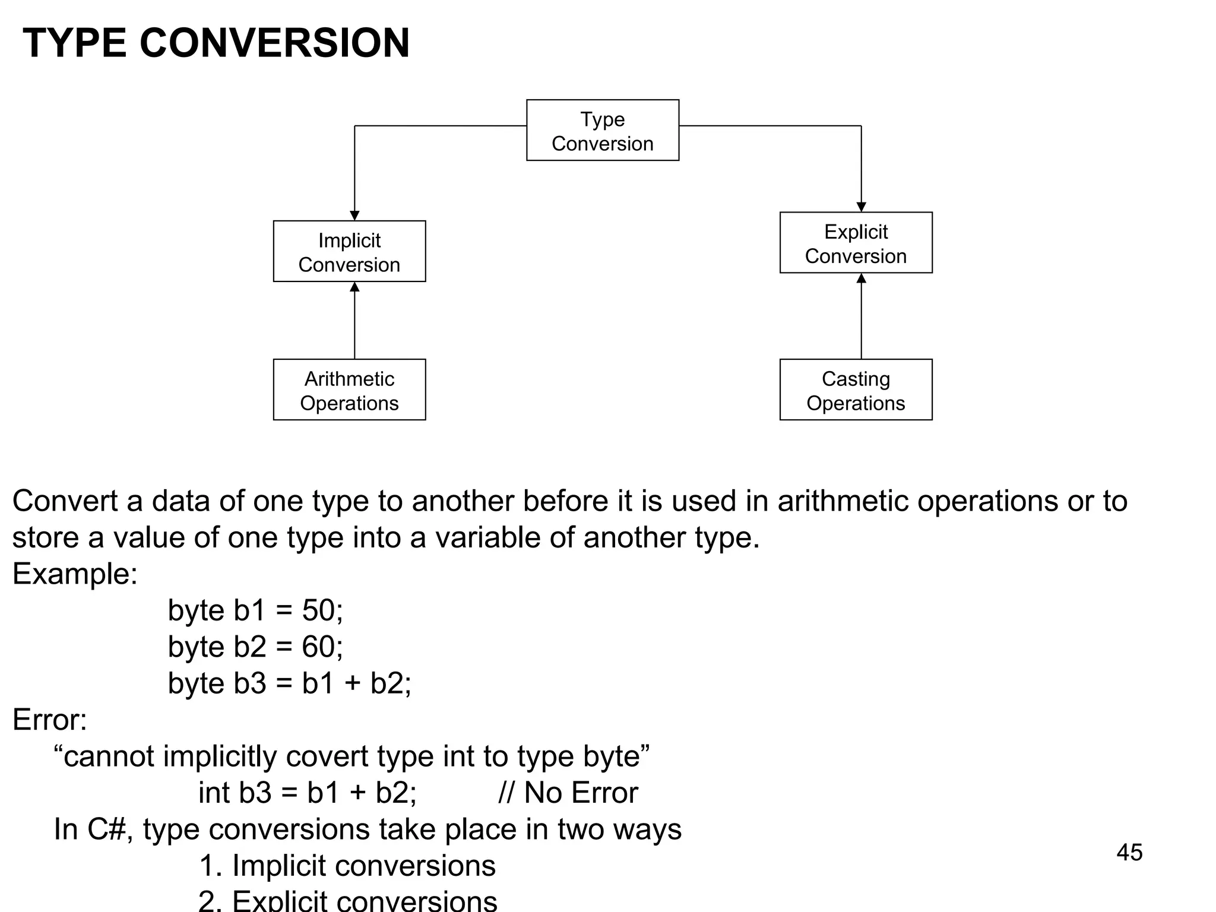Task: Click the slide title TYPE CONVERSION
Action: click(x=216, y=43)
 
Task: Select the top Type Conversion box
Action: click(x=602, y=130)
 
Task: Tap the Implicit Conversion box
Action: click(x=349, y=251)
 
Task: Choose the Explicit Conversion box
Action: click(x=856, y=243)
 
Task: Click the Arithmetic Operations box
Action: click(x=349, y=390)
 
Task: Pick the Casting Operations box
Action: click(x=856, y=390)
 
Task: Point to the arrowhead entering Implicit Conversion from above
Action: click(x=354, y=216)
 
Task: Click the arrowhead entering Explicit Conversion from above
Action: click(x=861, y=207)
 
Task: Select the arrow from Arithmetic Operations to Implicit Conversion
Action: click(x=354, y=321)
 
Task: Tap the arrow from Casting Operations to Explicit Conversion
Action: click(x=861, y=316)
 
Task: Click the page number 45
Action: click(x=1129, y=853)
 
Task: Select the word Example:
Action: click(x=75, y=574)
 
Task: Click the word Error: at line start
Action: click(x=50, y=720)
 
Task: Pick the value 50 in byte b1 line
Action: click(x=318, y=610)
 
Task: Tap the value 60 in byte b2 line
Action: click(x=318, y=647)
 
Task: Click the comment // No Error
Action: click(x=568, y=793)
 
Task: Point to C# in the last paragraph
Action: click(x=106, y=829)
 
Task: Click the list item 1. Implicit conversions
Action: click(x=347, y=866)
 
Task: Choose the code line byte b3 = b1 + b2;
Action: click(x=289, y=683)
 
